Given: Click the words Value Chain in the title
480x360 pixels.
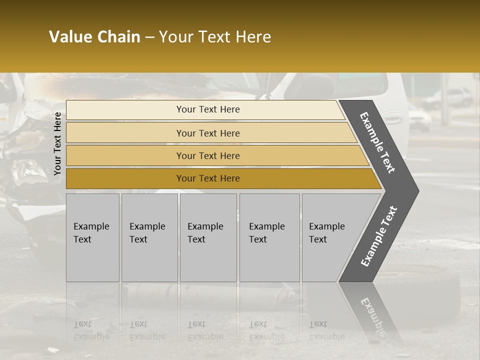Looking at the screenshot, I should (x=94, y=37).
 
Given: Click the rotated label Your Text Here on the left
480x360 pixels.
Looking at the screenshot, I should (x=57, y=143).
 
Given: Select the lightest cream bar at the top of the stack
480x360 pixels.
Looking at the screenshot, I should (x=207, y=109).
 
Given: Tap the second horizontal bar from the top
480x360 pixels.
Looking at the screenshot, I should (x=207, y=133).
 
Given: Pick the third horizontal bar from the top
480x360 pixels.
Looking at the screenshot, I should (x=207, y=155).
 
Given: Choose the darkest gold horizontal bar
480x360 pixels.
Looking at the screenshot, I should (x=207, y=178).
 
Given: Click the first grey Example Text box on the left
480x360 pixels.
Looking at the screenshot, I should (x=92, y=237).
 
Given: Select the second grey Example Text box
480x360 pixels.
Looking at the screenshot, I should (x=149, y=237).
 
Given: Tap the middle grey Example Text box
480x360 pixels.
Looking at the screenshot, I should (x=208, y=237).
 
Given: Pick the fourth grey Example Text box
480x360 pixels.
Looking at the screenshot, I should (x=269, y=237).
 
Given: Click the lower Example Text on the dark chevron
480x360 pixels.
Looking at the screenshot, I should (x=379, y=236).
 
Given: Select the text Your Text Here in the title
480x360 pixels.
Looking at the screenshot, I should (x=215, y=37).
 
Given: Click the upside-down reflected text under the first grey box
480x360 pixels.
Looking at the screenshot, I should (x=91, y=330).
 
